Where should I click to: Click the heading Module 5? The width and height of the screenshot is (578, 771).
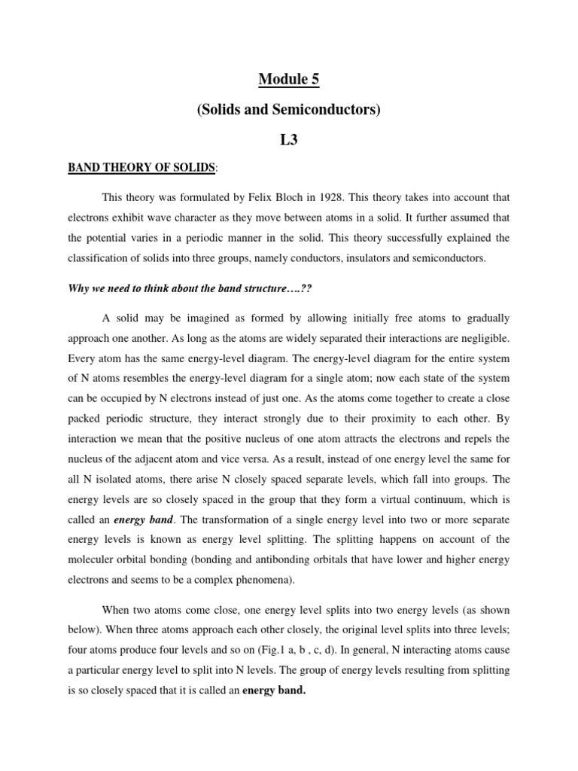click(x=289, y=78)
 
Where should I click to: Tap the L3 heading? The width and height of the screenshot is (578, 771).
click(x=289, y=139)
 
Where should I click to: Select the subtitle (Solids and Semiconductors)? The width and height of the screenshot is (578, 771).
click(x=289, y=110)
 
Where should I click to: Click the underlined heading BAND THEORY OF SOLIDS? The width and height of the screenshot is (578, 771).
click(x=140, y=167)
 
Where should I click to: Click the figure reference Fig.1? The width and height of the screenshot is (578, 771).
click(x=284, y=629)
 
